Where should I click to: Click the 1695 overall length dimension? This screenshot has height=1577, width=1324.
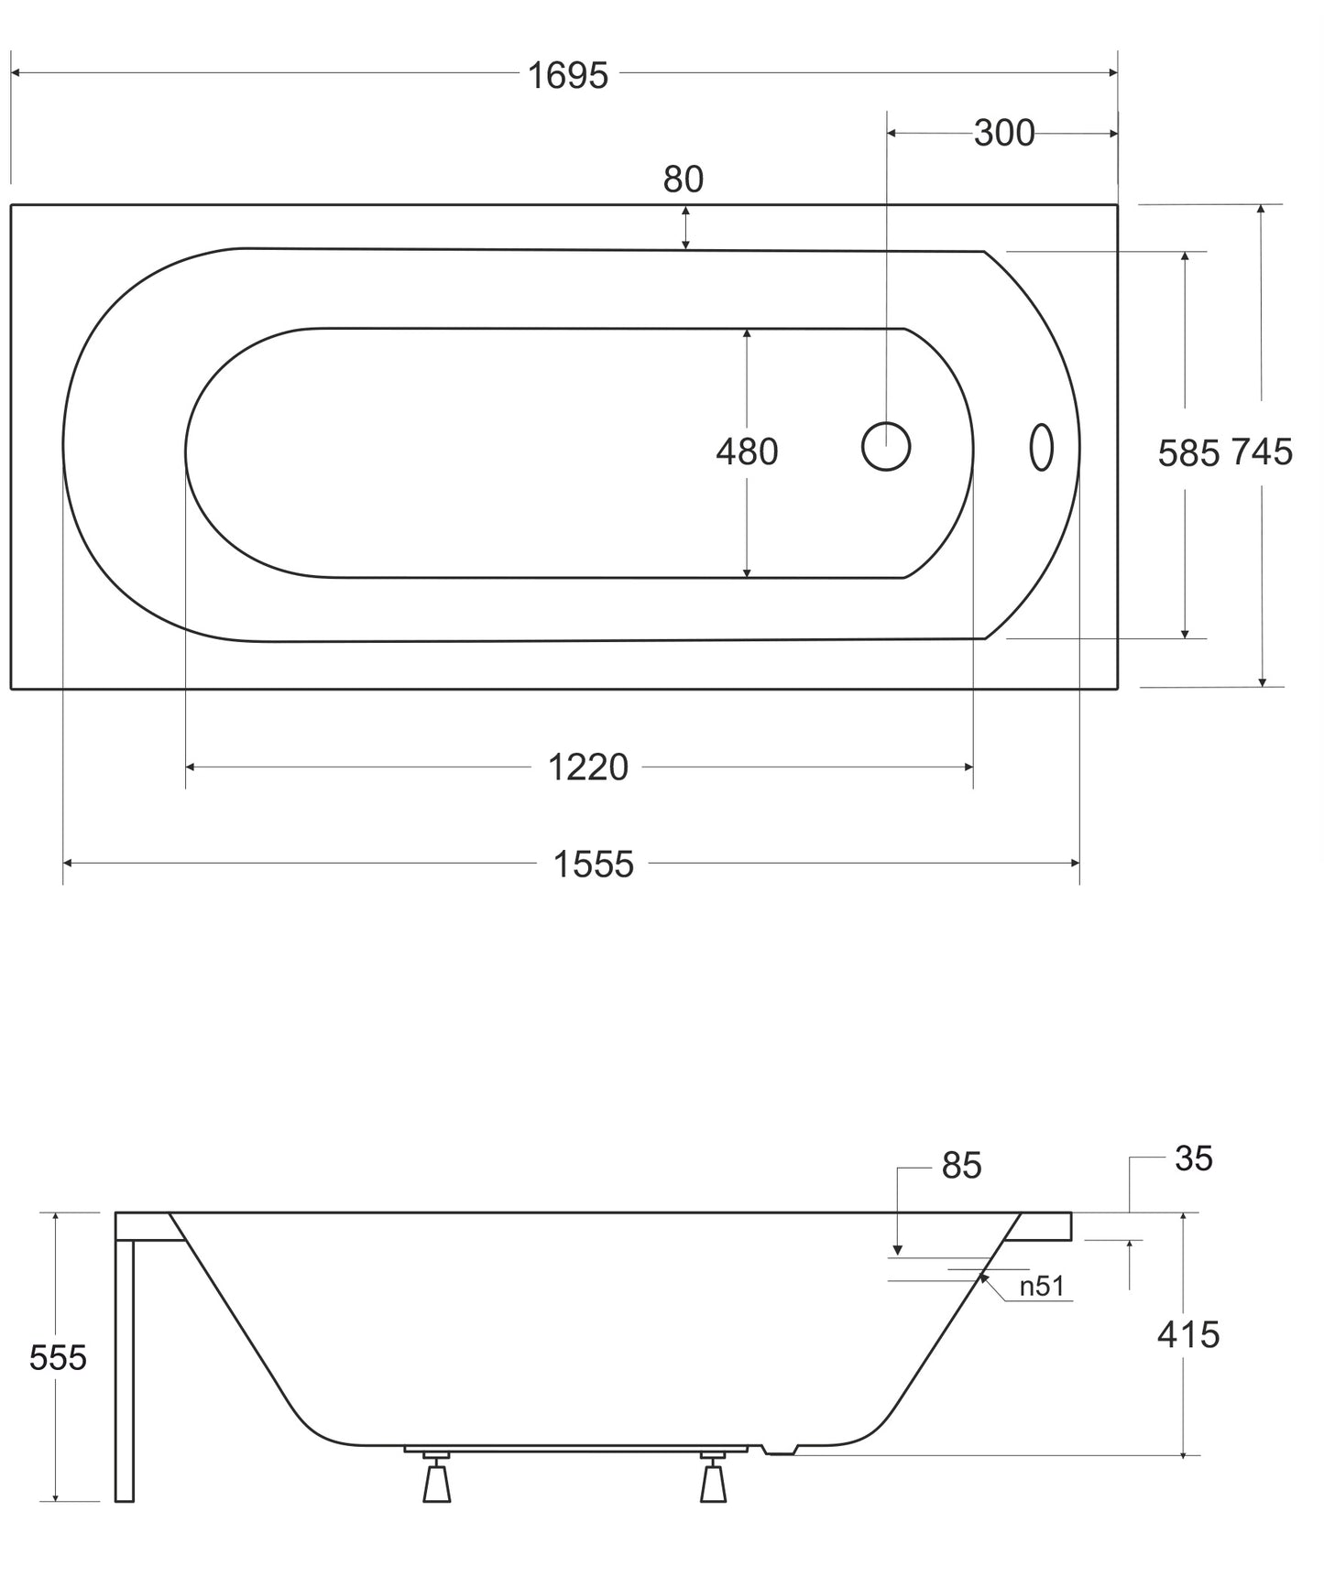[567, 76]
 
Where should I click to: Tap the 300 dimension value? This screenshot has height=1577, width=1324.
[1004, 134]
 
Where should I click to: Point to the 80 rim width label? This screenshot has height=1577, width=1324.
[684, 179]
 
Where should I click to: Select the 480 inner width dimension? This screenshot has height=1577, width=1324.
[747, 451]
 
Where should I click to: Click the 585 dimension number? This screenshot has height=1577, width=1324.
[1189, 453]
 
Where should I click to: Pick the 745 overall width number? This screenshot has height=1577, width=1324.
[1262, 451]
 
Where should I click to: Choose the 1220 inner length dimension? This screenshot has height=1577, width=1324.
[588, 767]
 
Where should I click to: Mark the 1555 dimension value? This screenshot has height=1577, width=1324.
[594, 865]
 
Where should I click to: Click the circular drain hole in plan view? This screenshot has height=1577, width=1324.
[886, 447]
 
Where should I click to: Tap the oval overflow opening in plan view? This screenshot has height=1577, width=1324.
[1042, 447]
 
